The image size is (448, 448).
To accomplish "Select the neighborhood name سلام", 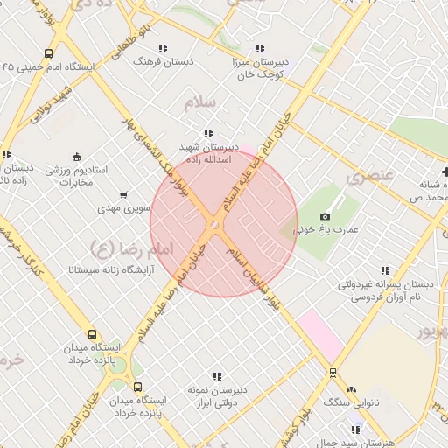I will point(199,102).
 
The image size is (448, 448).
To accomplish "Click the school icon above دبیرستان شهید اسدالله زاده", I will point(207,133).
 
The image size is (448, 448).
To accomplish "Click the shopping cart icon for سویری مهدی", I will point(123,195).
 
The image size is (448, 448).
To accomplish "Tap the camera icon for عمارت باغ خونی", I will point(325,216).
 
